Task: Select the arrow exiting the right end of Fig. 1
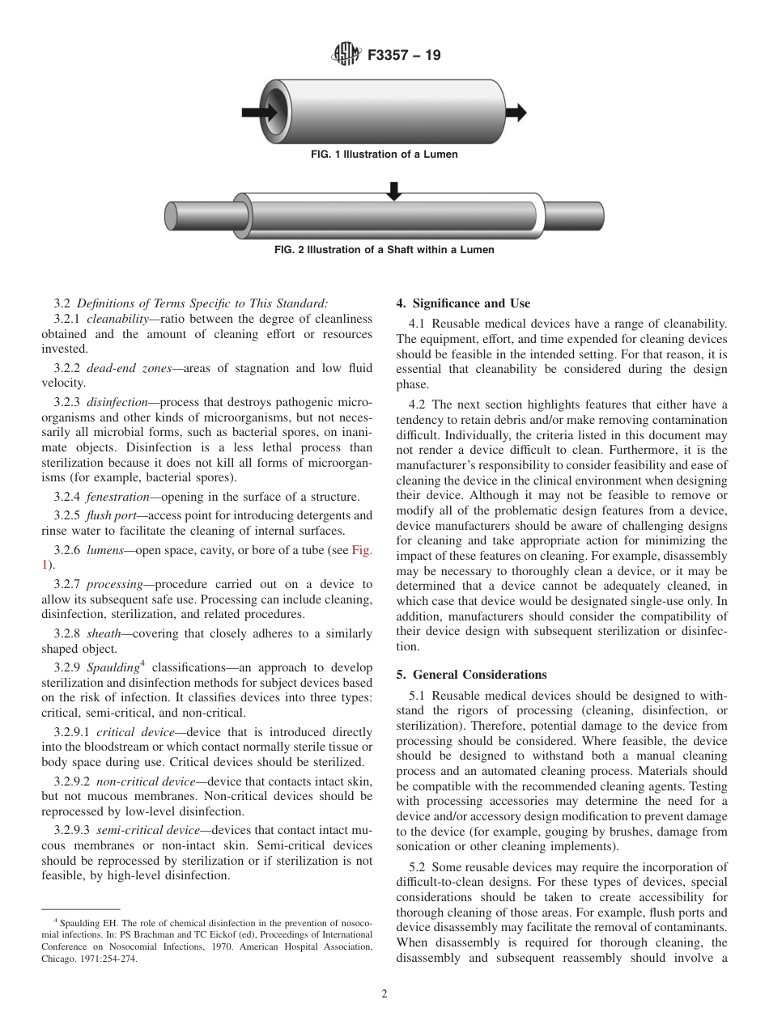click(516, 110)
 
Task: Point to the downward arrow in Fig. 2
click(393, 191)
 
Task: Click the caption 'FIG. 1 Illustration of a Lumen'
click(384, 155)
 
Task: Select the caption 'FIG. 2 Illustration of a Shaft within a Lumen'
click(384, 250)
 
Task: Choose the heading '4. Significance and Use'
click(463, 303)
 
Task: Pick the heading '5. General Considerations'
click(471, 674)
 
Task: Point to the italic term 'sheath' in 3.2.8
click(104, 633)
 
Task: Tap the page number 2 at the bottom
click(384, 994)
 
